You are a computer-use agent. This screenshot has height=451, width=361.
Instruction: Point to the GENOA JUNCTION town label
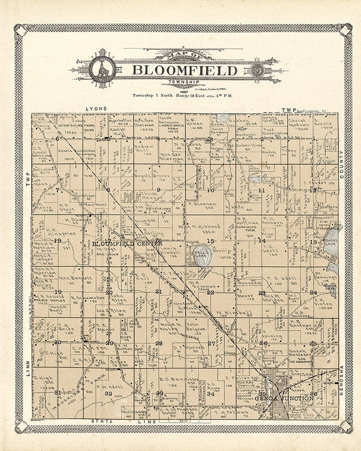283,399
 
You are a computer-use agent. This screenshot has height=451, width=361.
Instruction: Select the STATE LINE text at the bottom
119,421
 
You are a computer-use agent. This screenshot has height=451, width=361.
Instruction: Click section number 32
108,393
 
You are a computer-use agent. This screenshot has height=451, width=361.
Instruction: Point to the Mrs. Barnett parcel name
69,279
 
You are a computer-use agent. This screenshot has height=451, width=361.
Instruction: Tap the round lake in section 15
203,255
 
